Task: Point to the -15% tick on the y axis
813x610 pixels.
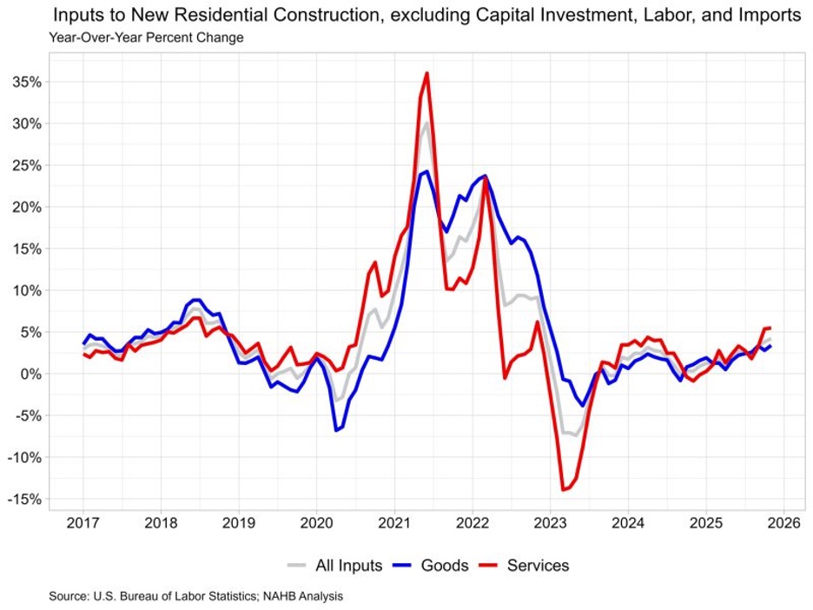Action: [27, 499]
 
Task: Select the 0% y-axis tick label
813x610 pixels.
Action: [33, 374]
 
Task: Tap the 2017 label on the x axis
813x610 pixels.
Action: [83, 525]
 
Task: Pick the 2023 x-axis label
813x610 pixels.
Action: [550, 525]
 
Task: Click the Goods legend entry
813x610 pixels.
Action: [445, 566]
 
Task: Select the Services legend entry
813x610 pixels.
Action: [536, 566]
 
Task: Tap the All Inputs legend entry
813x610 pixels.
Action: [348, 566]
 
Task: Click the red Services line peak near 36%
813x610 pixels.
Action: [427, 73]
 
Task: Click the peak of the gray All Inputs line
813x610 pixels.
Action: [426, 123]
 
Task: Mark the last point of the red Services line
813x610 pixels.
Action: [770, 328]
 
